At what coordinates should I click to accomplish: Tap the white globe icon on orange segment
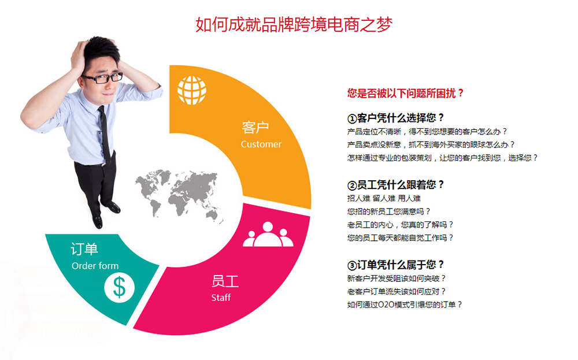[x=192, y=90]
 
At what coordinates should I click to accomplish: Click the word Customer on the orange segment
[x=261, y=144]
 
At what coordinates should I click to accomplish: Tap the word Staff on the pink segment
[x=221, y=298]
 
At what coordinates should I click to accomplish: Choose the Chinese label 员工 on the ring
[x=225, y=282]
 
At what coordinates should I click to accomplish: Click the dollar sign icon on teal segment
[x=119, y=287]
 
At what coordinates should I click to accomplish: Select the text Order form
[x=95, y=266]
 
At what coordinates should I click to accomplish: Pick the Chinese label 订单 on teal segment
[x=84, y=249]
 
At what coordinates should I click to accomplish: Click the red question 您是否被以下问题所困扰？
[x=405, y=93]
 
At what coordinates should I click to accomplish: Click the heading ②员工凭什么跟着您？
[x=396, y=185]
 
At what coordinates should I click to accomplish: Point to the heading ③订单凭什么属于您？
[x=396, y=265]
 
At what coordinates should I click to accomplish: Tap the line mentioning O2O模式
[x=405, y=305]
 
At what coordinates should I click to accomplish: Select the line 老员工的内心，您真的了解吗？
[x=400, y=225]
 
